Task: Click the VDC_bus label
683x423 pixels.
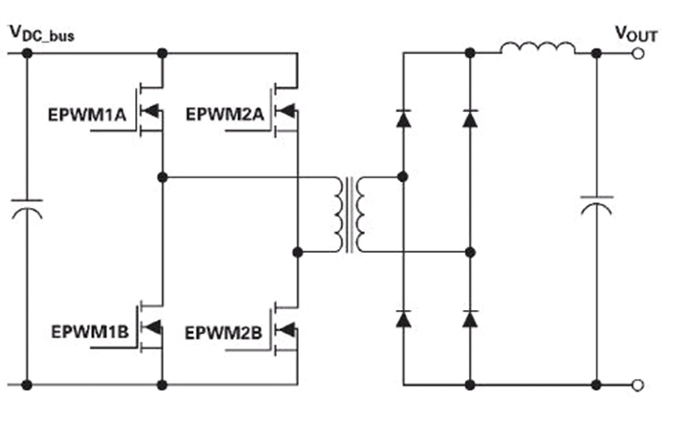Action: [41, 34]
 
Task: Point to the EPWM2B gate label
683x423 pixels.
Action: [224, 330]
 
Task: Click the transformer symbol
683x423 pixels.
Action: [353, 213]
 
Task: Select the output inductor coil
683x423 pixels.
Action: [539, 48]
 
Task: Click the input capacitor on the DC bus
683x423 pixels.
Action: [27, 212]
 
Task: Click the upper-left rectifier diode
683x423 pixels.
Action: [403, 117]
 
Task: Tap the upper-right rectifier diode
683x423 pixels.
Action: [470, 117]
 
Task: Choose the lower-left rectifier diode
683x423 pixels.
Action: [403, 318]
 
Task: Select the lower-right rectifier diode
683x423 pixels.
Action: [470, 318]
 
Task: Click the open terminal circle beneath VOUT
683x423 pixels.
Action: [638, 53]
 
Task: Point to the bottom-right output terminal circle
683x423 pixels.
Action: [638, 383]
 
